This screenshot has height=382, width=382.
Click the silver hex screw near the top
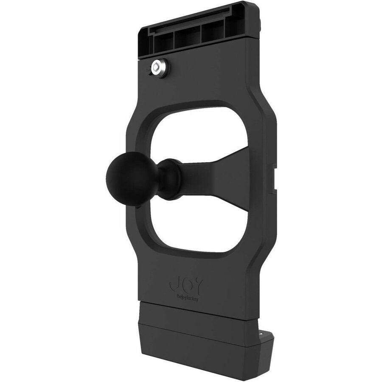pyautogui.click(x=160, y=67)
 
